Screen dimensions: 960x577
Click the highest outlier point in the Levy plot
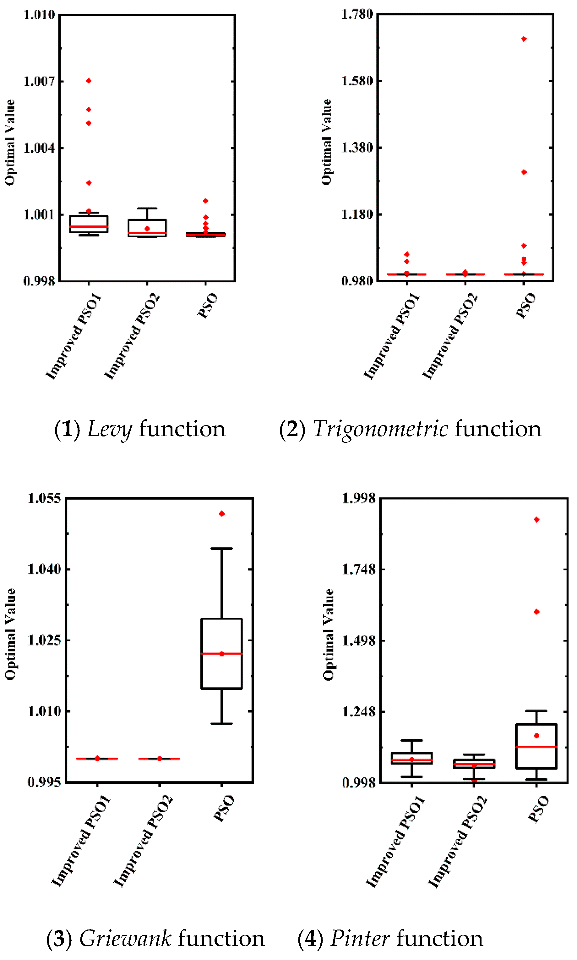click(x=89, y=81)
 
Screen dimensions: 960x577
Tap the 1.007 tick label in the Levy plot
click(x=39, y=81)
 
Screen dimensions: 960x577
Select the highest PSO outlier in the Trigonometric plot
click(x=524, y=39)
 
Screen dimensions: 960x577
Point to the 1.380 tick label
click(x=357, y=148)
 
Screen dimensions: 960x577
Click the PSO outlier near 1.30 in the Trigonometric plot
click(x=524, y=172)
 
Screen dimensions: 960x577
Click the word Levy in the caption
click(x=110, y=429)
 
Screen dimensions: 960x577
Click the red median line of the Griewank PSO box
click(x=222, y=654)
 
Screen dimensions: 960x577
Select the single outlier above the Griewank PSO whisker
click(x=222, y=514)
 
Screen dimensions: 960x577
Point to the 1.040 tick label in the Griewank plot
click(x=44, y=569)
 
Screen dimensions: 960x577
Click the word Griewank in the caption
click(x=125, y=939)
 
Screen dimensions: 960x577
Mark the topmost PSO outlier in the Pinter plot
click(x=536, y=520)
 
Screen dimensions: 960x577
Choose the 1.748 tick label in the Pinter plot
click(x=358, y=569)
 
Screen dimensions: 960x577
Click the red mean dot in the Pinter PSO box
click(x=536, y=736)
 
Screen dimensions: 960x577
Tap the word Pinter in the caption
click(x=360, y=939)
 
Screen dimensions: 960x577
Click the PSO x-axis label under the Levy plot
click(x=208, y=306)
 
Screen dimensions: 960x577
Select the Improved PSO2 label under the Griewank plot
click(x=143, y=842)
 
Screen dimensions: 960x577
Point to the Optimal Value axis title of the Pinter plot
click(x=329, y=634)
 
